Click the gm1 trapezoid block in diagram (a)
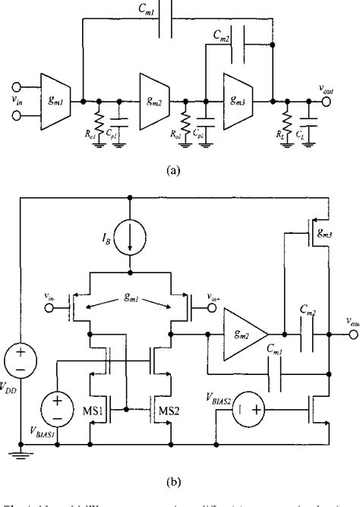coord(60,98)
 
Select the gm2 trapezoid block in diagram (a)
coord(156,98)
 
